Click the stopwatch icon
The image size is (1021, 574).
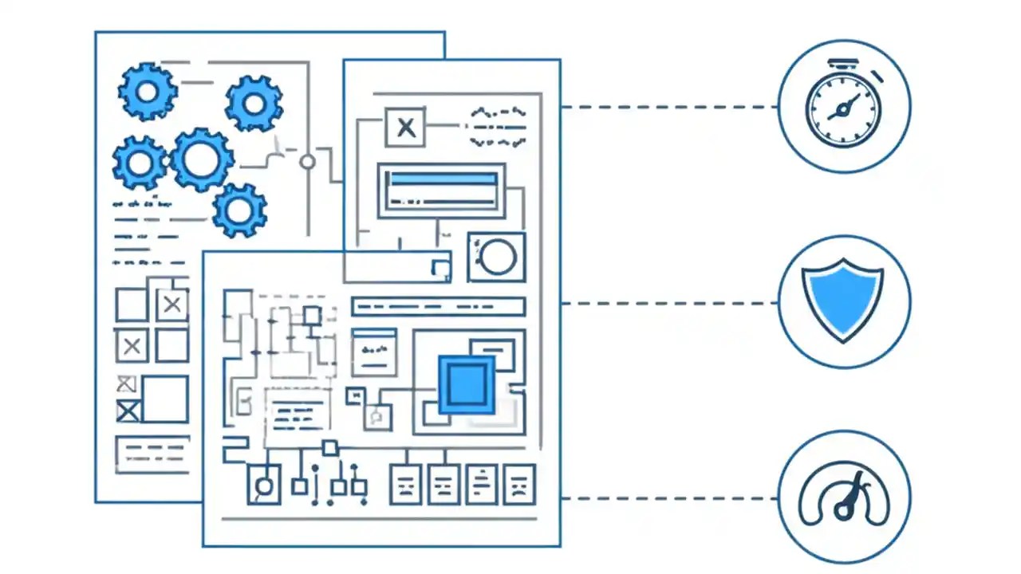point(844,105)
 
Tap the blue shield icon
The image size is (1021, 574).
point(843,300)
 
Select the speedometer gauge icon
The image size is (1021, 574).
point(844,497)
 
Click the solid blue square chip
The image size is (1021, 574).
point(467,385)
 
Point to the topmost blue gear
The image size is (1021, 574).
point(148,92)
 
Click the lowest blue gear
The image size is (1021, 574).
point(239,210)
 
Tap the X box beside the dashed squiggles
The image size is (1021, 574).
point(405,128)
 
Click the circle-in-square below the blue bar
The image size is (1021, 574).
point(496,257)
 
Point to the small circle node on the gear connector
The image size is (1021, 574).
point(307,162)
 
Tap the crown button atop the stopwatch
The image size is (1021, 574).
point(843,62)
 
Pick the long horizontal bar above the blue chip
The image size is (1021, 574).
point(438,306)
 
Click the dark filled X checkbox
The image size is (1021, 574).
point(128,411)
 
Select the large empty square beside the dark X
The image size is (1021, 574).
point(165,399)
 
